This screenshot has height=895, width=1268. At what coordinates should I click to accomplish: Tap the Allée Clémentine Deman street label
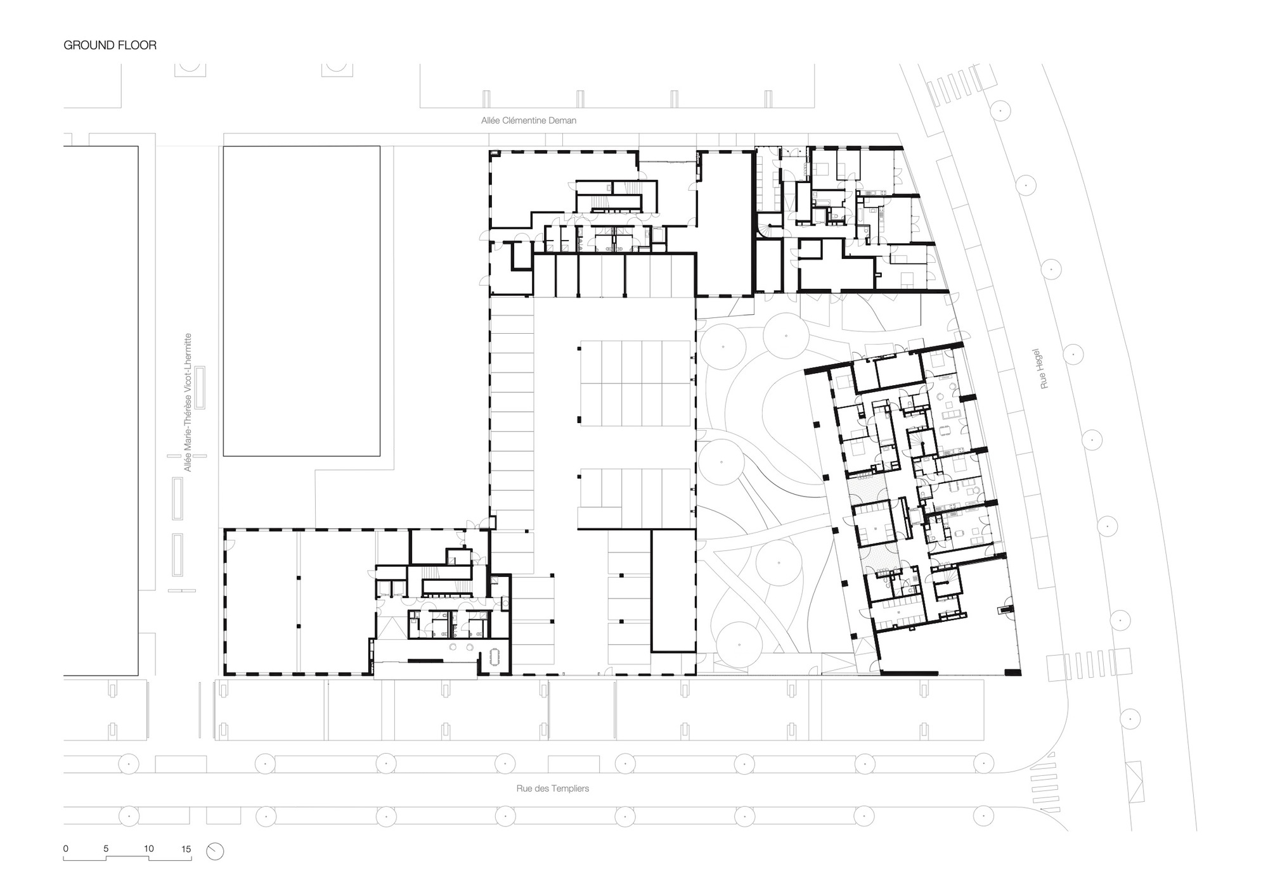(529, 120)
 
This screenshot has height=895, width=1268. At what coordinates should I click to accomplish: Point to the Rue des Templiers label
(553, 789)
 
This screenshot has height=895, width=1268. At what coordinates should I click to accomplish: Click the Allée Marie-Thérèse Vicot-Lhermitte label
(187, 402)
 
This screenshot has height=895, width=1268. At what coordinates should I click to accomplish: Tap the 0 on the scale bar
(66, 849)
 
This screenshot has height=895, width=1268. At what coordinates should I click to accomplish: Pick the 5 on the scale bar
(106, 849)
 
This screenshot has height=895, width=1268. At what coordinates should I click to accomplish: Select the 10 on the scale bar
(149, 849)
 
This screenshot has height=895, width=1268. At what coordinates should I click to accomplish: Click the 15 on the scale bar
(186, 849)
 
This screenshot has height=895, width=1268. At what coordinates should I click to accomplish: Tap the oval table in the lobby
(496, 657)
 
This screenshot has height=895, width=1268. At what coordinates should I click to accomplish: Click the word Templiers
(569, 789)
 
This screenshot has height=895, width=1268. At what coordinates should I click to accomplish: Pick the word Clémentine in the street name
(526, 120)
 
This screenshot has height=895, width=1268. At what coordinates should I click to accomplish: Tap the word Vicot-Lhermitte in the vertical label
(187, 363)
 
